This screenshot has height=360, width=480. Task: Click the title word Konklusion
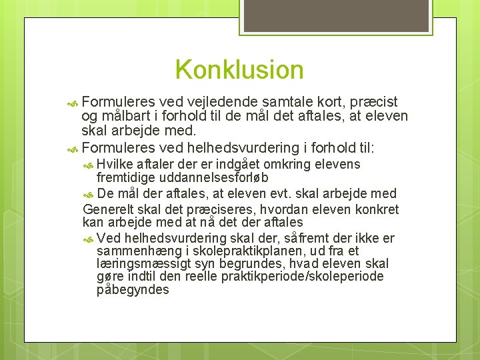coord(239,69)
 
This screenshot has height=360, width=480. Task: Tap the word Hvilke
coord(115,165)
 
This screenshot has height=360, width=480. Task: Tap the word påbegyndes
coord(133,289)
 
